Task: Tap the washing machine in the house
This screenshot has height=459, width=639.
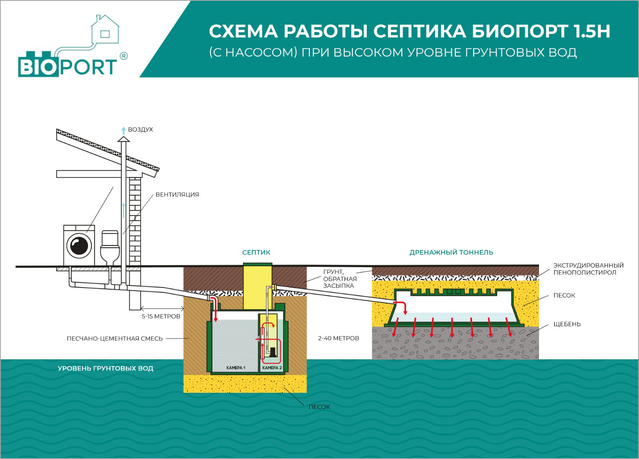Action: tap(79, 245)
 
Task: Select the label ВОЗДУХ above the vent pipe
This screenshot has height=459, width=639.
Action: tap(140, 130)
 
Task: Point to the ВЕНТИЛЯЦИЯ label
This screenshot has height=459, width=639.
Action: tap(177, 195)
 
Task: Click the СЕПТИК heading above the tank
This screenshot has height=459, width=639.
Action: tap(256, 252)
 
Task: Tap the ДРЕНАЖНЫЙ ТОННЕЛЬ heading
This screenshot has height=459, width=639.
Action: tap(451, 252)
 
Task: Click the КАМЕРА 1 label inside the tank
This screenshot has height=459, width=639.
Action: tap(235, 368)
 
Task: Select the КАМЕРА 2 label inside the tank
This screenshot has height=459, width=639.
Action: tap(272, 368)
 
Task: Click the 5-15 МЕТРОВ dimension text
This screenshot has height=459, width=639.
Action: tap(161, 316)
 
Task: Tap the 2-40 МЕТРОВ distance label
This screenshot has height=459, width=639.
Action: tap(338, 338)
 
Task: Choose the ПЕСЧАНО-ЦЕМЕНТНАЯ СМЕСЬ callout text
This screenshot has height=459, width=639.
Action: tap(115, 339)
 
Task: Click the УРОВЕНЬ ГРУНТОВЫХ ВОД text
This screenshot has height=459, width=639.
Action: tap(105, 368)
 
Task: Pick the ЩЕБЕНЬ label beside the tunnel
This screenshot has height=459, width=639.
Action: tap(566, 324)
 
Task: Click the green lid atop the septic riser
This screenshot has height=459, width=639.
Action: tap(257, 264)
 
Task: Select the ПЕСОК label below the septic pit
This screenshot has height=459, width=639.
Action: tap(319, 407)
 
